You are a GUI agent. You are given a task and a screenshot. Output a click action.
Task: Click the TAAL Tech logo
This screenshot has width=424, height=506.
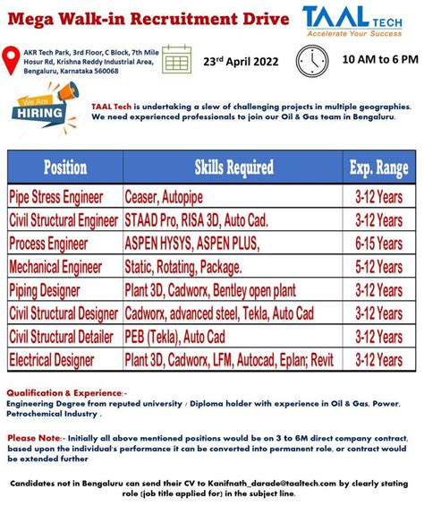[361, 20]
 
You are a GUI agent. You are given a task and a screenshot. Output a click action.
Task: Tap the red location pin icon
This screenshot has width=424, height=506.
[11, 61]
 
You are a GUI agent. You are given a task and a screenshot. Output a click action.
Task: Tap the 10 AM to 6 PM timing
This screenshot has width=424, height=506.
[379, 59]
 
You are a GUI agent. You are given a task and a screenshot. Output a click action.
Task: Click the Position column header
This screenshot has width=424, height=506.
[65, 167]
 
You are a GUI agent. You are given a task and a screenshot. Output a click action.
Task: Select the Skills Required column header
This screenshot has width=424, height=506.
[233, 167]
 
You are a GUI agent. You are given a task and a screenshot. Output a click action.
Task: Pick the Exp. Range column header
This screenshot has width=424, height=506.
[378, 167]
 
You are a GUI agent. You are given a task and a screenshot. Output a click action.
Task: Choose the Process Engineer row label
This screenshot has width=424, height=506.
[52, 243]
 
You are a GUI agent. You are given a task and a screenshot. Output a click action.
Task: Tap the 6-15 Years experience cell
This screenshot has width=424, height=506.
[378, 243]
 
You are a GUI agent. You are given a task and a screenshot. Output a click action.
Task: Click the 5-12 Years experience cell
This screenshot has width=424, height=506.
[378, 266]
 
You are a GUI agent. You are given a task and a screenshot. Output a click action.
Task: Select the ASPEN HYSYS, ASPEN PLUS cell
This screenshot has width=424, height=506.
[192, 243]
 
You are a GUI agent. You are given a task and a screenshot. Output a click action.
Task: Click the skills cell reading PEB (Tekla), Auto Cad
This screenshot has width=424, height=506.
[175, 336]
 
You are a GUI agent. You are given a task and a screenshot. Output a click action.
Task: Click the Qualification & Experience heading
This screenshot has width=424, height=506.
[65, 392]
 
